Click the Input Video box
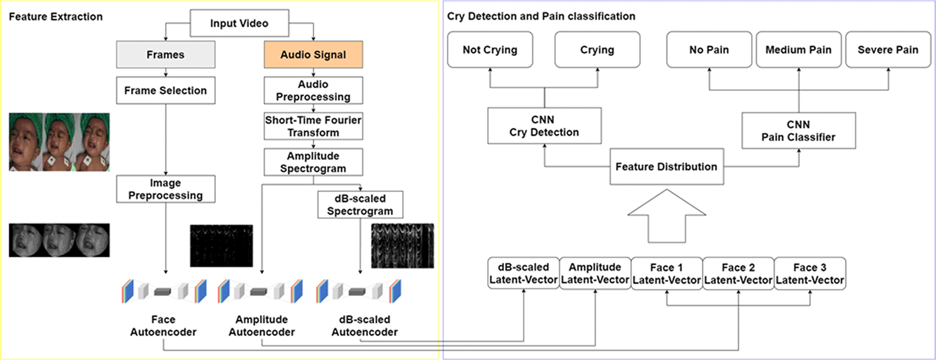pyautogui.click(x=239, y=23)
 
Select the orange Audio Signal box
pyautogui.click(x=313, y=54)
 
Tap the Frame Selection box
pyautogui.click(x=166, y=90)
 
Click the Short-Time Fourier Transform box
pyautogui.click(x=313, y=126)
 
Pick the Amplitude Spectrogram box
pyautogui.click(x=313, y=162)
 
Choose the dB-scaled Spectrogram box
pyautogui.click(x=360, y=204)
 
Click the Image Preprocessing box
pyautogui.click(x=166, y=189)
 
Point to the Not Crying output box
pyautogui.click(x=490, y=50)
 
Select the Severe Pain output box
pyautogui.click(x=888, y=50)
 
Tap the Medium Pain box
pyautogui.click(x=798, y=50)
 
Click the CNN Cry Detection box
pyautogui.click(x=544, y=126)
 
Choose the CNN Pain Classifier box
pyautogui.click(x=798, y=130)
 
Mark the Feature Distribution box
pyautogui.click(x=666, y=166)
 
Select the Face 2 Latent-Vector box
pyautogui.click(x=738, y=274)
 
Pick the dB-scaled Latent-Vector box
pyautogui.click(x=523, y=274)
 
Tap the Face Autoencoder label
pyautogui.click(x=163, y=325)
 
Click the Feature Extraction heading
pyautogui.click(x=56, y=17)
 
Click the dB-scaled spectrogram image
pyautogui.click(x=402, y=246)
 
